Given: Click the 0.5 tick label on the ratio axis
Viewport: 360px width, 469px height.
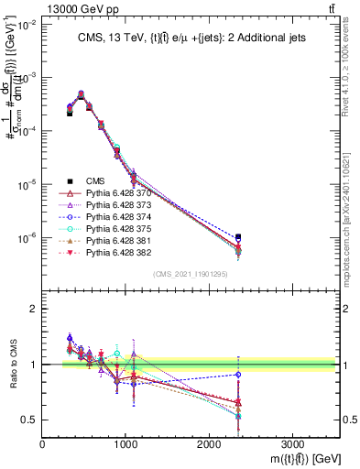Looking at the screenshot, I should coord(29,420).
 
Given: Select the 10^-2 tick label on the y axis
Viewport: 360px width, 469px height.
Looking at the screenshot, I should coord(25,25).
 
